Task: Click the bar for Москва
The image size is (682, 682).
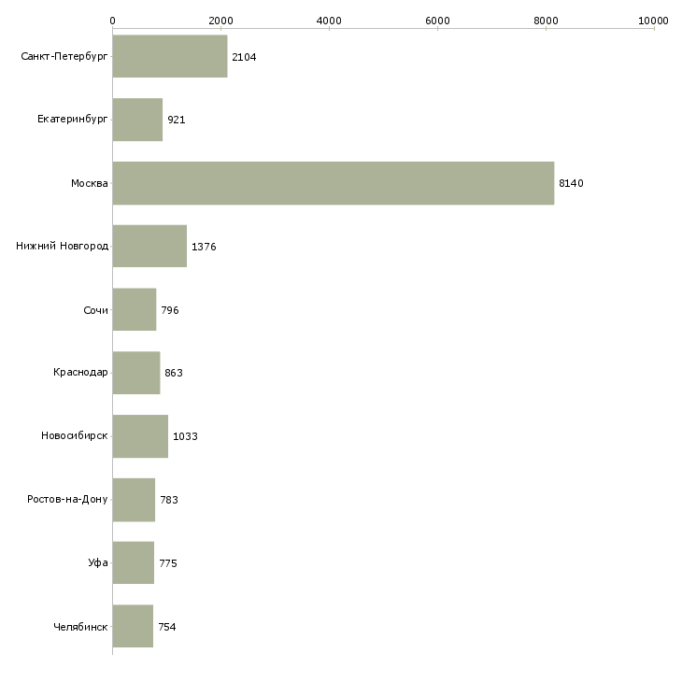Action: (334, 183)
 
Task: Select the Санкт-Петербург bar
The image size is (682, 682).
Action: (170, 56)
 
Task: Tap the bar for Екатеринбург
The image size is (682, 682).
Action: (137, 120)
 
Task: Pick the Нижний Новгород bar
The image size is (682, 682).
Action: (149, 247)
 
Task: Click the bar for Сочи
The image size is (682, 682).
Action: (135, 309)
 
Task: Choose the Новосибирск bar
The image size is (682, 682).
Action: (140, 436)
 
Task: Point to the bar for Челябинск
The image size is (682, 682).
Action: (133, 626)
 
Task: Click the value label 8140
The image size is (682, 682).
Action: (571, 183)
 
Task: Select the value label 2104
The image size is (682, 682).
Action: (244, 57)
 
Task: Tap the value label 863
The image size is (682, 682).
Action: (174, 373)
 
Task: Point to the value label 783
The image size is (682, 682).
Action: (169, 500)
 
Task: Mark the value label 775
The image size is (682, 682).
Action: (168, 563)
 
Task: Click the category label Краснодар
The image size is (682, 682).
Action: (80, 373)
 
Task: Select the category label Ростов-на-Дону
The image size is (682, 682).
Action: (67, 499)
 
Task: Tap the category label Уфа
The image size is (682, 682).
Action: (98, 562)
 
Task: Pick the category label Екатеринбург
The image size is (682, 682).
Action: (72, 119)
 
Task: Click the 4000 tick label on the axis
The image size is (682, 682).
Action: (329, 21)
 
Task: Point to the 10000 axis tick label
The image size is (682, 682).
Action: (653, 21)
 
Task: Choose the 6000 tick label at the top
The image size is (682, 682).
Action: (437, 21)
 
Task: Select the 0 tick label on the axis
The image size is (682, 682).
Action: (113, 21)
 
